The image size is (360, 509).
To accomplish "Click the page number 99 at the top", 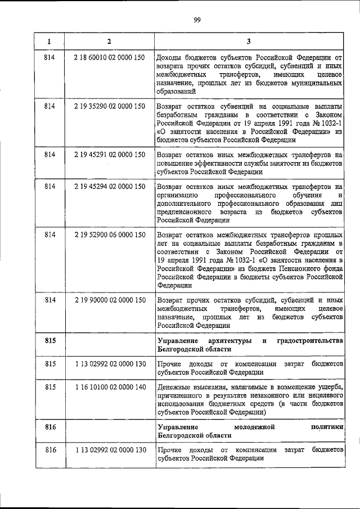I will (197, 21).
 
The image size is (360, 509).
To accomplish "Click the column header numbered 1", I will (49, 41).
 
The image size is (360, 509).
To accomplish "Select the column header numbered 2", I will (109, 41).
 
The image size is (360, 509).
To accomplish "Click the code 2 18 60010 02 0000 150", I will (109, 57).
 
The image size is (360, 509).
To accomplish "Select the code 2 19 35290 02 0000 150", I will (109, 106).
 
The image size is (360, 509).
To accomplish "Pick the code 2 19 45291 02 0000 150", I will (109, 154).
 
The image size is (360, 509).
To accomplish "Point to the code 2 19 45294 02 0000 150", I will (109, 186).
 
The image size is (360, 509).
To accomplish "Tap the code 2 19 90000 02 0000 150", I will (109, 300).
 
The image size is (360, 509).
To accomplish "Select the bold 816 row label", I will (49, 427).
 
